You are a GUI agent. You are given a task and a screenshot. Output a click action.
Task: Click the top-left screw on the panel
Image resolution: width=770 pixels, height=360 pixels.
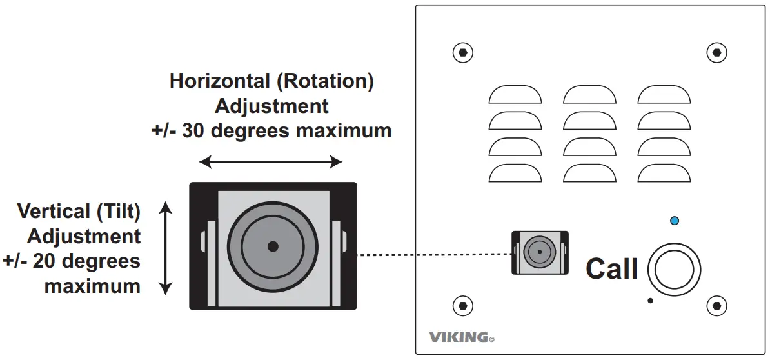coord(462,52)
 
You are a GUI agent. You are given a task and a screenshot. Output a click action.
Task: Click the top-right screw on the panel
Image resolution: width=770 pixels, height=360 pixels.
coord(715,52)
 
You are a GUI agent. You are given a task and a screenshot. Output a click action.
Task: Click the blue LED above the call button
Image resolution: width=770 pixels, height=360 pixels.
coord(675,221)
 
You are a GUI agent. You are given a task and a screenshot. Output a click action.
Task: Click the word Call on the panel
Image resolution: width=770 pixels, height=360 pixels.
coord(611,269)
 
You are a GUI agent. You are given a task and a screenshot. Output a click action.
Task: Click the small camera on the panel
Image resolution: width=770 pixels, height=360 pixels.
coord(540,252)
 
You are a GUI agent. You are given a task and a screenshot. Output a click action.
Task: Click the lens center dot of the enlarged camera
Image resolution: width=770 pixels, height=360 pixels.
coord(273,246)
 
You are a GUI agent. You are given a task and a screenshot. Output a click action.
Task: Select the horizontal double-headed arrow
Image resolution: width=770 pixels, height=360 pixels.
coord(270,163)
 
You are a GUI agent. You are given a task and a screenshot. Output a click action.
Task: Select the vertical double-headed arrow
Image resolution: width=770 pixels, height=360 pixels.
coord(166,248)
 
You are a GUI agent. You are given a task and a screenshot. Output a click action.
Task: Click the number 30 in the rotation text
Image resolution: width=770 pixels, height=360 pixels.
coord(193,131)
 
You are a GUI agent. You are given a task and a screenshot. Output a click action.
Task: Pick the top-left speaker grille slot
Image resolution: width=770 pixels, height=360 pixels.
coord(515,95)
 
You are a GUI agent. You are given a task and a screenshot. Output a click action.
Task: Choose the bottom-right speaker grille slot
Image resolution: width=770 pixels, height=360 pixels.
coord(664,173)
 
